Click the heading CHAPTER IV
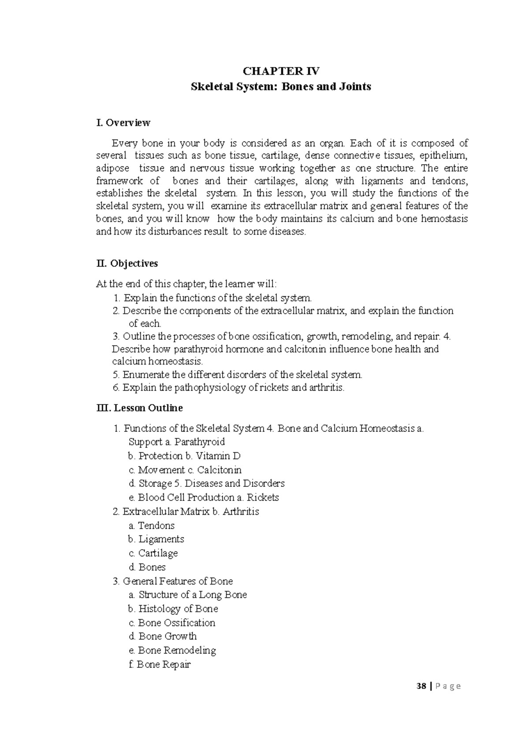point(281,71)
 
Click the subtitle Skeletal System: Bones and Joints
point(281,86)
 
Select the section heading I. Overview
point(123,123)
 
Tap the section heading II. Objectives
point(127,263)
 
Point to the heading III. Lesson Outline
point(139,408)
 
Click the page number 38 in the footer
point(423,686)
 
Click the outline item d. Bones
point(147,567)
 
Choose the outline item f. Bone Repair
point(160,664)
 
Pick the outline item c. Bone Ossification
point(172,622)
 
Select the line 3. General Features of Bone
point(173,581)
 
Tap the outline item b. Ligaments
point(156,539)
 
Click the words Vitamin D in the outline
point(218,456)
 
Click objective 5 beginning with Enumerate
point(238,375)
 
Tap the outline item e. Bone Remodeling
point(172,650)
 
